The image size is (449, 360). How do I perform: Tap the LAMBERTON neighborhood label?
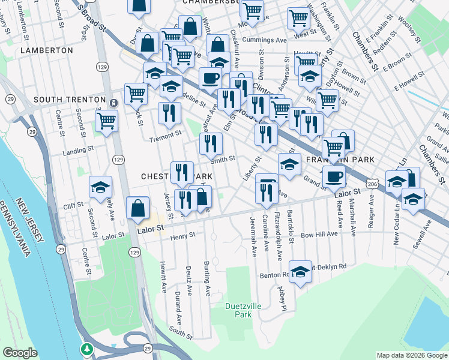pyautogui.click(x=46, y=51)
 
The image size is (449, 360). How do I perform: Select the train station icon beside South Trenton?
pyautogui.click(x=114, y=103)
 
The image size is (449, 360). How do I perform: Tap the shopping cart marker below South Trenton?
pyautogui.click(x=107, y=121)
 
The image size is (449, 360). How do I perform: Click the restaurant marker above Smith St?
pyautogui.click(x=211, y=143)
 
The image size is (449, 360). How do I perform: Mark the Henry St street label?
pyautogui.click(x=183, y=236)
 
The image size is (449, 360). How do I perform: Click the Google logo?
pyautogui.click(x=20, y=353)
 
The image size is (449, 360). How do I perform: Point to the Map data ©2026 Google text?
pyautogui.click(x=412, y=355)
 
